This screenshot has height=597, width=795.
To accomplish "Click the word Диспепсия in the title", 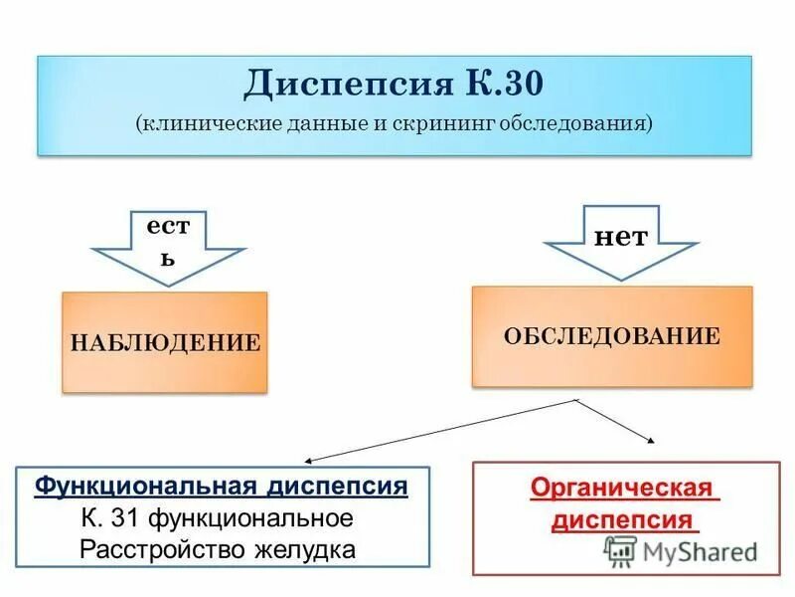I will [x=347, y=84].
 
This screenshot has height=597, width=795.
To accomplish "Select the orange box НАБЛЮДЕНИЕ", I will [x=165, y=342].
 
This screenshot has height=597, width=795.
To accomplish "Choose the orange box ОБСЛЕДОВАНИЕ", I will [x=611, y=336].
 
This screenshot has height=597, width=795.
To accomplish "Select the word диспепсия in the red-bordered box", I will [x=622, y=520].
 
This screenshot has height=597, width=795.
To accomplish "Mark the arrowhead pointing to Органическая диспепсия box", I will [x=650, y=439].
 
